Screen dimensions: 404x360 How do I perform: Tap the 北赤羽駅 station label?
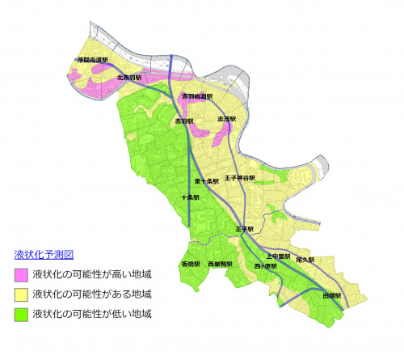point(129,78)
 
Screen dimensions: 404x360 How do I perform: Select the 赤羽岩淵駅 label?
point(197,96)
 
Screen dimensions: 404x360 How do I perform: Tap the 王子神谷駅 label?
point(240,178)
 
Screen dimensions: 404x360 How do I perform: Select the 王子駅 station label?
point(244,229)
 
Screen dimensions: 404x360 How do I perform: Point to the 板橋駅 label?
point(190,265)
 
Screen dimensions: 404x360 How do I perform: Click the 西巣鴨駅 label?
point(220,265)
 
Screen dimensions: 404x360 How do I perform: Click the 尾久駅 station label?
point(305,260)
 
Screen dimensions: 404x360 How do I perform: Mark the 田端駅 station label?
point(332,296)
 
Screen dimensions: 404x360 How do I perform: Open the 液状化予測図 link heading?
point(44,253)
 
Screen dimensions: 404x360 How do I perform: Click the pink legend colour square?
point(21,274)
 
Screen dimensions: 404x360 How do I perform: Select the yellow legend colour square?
point(21,294)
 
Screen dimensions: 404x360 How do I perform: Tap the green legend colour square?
point(21,313)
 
